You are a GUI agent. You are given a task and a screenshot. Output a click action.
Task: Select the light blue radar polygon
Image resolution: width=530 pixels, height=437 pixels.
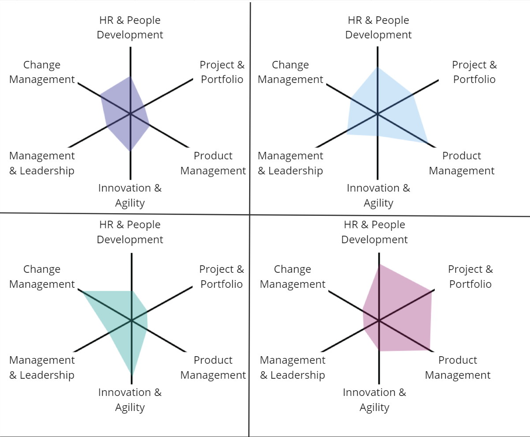[388, 110]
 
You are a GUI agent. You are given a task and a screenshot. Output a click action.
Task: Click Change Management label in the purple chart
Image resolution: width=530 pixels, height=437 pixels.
[42, 72]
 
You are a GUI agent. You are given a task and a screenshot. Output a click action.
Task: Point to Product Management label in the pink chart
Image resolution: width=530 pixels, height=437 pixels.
[458, 368]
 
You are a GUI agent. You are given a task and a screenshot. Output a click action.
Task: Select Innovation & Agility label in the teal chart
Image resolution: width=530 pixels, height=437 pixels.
[130, 399]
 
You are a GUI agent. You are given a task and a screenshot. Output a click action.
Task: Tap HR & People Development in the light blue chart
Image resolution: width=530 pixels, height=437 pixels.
[378, 27]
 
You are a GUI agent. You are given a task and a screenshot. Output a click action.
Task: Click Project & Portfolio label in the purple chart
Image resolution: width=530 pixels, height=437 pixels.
[222, 72]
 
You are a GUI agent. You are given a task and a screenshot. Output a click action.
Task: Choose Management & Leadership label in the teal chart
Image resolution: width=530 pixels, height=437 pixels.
[42, 368]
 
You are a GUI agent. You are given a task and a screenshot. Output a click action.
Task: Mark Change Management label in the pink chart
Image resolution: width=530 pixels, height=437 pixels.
[292, 277]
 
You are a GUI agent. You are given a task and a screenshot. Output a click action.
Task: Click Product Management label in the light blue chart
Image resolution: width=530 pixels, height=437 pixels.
[462, 163]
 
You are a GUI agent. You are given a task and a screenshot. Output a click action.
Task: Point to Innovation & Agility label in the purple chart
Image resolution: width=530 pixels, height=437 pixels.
[130, 195]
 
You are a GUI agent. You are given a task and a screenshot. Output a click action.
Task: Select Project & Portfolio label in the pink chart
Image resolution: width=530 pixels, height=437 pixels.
[470, 277]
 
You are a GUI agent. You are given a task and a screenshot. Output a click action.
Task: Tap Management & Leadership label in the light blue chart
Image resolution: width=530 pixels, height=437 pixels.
[291, 163]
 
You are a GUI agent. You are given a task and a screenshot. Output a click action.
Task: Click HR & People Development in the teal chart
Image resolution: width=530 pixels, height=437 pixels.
[130, 232]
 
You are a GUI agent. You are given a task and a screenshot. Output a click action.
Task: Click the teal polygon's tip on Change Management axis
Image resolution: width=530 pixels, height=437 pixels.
[82, 291]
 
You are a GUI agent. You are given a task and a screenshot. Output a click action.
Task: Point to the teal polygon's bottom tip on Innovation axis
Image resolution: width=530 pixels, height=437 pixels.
[132, 374]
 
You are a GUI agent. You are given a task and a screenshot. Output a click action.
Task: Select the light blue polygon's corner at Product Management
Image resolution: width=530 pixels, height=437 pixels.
[428, 143]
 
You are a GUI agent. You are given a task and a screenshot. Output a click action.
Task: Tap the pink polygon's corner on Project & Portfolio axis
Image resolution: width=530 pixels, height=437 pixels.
[431, 292]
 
